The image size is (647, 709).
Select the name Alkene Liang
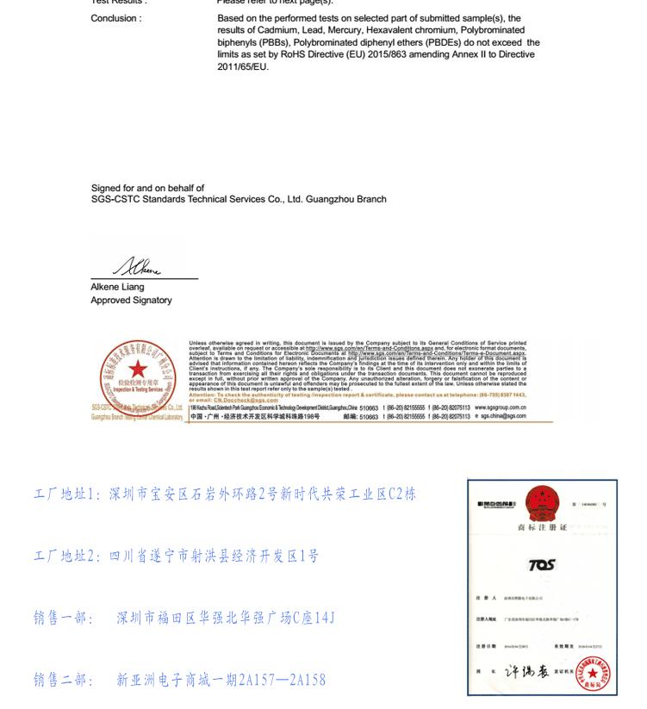(x=117, y=287)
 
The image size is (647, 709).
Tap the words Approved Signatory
(x=131, y=300)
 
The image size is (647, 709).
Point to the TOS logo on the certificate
(x=541, y=563)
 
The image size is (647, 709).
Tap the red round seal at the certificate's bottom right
(x=593, y=674)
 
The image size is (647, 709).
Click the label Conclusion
(x=116, y=18)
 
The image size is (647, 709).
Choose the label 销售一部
(x=63, y=618)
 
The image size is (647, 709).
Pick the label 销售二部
(x=63, y=680)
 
